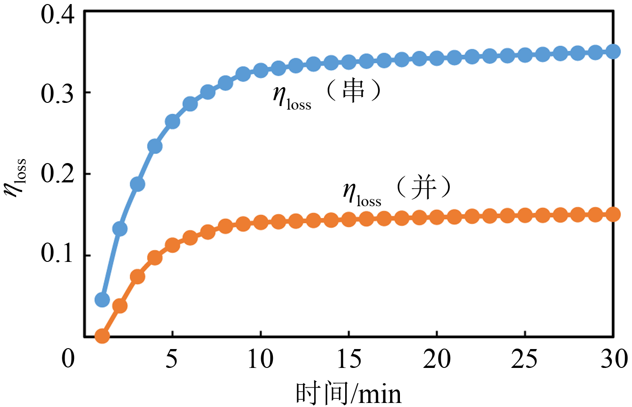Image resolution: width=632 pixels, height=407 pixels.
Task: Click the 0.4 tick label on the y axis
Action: pos(57,14)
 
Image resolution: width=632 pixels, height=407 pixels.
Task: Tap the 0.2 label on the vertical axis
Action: pos(57,174)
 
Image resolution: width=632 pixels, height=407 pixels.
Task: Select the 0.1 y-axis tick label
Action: pos(57,254)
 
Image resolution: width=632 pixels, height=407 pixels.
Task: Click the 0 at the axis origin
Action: pos(68,358)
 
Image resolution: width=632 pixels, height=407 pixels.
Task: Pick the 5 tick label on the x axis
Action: pos(172,358)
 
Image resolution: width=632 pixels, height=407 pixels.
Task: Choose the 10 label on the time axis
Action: pos(260,358)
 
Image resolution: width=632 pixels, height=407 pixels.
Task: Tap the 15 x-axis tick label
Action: pos(348,358)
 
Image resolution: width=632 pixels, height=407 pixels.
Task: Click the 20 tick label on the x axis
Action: pos(437,358)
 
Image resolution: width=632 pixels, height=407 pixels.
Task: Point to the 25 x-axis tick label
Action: pos(525,358)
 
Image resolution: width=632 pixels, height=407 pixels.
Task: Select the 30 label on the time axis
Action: pos(614,358)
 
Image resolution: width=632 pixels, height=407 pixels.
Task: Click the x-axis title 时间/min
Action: pos(348,394)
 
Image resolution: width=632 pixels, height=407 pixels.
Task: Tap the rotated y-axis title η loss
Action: pos(15,178)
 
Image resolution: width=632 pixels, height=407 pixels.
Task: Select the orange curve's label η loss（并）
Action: pos(397,190)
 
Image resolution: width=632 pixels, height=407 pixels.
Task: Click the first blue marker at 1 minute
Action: pos(102,300)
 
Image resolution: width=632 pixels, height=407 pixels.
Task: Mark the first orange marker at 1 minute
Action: pos(102,336)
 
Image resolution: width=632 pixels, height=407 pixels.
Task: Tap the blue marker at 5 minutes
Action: pos(172,121)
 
